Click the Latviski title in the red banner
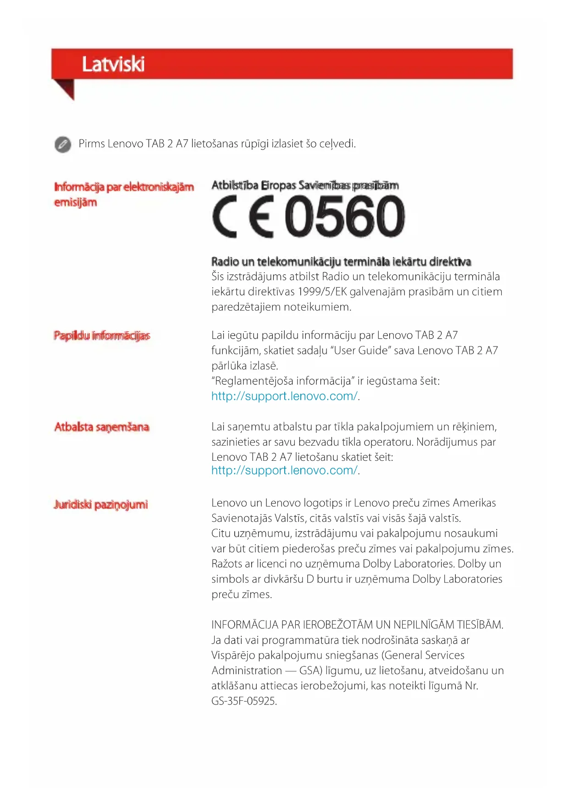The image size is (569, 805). click(x=113, y=64)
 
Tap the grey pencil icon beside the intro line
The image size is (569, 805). click(x=63, y=144)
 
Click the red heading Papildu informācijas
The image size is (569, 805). click(x=102, y=335)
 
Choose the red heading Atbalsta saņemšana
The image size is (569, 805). click(x=102, y=427)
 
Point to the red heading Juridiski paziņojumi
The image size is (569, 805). click(x=101, y=505)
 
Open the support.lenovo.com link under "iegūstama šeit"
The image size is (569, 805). click(x=284, y=396)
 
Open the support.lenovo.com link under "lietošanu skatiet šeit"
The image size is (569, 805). click(x=284, y=470)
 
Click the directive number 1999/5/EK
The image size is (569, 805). click(x=322, y=292)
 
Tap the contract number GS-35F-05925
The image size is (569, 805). click(x=243, y=701)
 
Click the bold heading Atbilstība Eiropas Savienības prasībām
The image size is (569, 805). click(x=305, y=185)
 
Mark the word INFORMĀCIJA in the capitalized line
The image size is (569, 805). click(x=245, y=625)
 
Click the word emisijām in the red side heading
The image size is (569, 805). click(x=76, y=202)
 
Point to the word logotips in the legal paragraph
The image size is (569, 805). click(x=323, y=503)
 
